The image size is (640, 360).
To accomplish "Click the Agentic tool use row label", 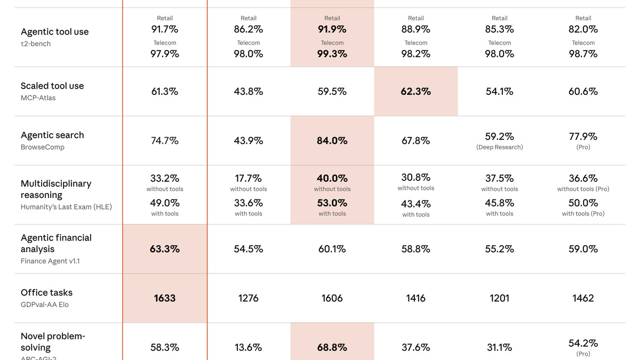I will click(54, 32).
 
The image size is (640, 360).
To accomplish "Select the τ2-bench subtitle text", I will click(36, 44).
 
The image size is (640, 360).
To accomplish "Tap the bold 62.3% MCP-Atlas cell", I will click(415, 92).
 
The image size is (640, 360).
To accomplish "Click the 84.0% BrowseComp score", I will click(332, 141).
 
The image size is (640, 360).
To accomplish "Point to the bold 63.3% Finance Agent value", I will click(165, 249).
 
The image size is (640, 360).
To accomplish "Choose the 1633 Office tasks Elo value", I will click(165, 298).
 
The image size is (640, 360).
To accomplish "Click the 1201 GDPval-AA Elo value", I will click(499, 298).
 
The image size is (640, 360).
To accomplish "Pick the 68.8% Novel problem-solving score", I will click(332, 347).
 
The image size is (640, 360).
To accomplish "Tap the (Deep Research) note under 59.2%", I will click(499, 147).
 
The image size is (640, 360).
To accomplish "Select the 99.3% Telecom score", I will click(332, 54).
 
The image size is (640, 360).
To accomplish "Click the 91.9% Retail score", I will click(332, 29).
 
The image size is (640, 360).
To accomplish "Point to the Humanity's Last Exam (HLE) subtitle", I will click(66, 207).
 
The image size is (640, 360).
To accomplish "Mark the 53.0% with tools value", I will click(332, 203).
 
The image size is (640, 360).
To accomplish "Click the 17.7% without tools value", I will click(248, 178).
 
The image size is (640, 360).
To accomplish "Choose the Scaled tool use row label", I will click(52, 86).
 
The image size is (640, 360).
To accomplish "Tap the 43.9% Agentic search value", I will click(248, 141).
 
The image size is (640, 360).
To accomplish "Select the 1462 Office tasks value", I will click(583, 298).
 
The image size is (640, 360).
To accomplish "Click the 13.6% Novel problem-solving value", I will click(248, 347).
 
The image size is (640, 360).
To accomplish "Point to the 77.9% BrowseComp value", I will click(583, 137).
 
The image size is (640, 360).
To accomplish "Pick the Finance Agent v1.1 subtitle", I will click(50, 261).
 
